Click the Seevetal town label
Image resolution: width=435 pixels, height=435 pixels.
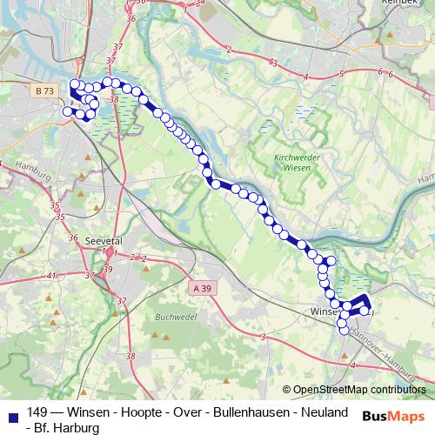(x=102, y=240)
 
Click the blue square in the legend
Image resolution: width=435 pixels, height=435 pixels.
(x=11, y=412)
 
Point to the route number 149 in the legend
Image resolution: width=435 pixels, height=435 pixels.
(x=37, y=412)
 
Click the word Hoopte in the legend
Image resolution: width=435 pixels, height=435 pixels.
(x=137, y=412)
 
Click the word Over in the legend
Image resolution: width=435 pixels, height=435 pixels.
(x=184, y=412)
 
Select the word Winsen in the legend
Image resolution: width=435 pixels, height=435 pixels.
(x=88, y=412)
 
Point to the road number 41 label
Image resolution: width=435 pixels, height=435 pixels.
(x=50, y=275)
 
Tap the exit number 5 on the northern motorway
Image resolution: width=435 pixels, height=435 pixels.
(x=343, y=72)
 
